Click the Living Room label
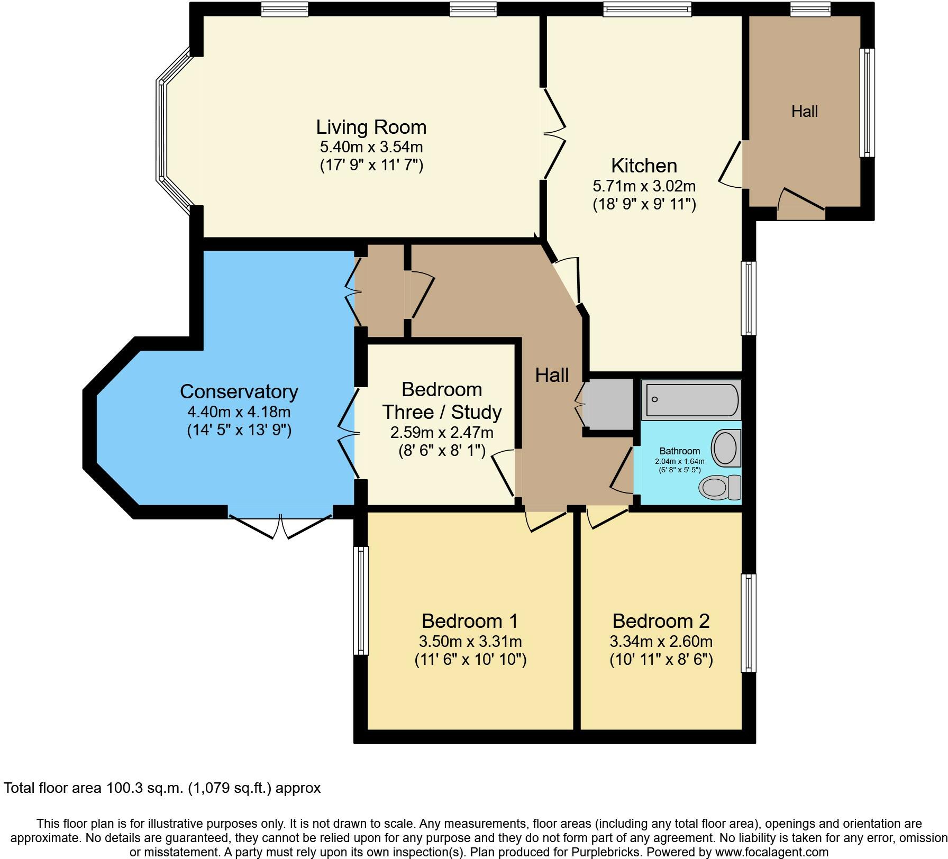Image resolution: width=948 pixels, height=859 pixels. tap(371, 127)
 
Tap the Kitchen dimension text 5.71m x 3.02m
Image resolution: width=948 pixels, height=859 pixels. tap(644, 186)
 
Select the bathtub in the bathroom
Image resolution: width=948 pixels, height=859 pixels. tap(690, 400)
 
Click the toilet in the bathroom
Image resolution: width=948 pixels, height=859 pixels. tap(719, 487)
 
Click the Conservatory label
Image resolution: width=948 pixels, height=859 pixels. tap(239, 391)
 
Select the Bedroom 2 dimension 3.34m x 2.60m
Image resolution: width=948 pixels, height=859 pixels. tap(661, 642)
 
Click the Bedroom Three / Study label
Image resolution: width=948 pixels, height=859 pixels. tap(442, 400)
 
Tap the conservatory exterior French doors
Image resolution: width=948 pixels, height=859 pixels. tap(280, 525)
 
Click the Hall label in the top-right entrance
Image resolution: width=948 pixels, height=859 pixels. tap(804, 112)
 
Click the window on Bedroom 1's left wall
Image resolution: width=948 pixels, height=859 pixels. tap(361, 600)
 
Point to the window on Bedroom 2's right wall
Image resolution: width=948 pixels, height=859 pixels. tap(749, 623)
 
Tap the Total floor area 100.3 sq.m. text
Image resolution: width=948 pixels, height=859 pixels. tap(162, 788)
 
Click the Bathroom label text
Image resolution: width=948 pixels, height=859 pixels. tap(679, 451)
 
